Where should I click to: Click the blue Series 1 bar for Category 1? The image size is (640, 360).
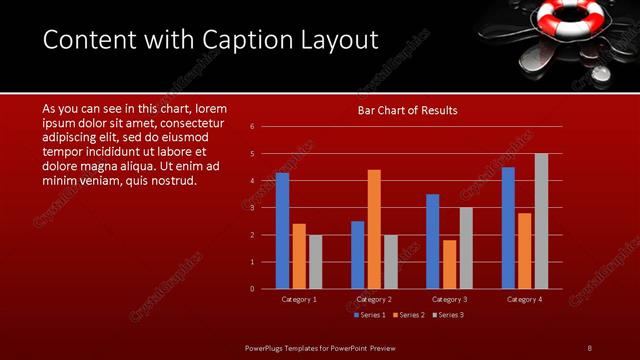tap(282, 231)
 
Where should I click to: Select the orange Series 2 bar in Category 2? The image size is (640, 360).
tap(374, 229)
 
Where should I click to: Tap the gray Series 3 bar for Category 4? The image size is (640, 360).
tap(541, 221)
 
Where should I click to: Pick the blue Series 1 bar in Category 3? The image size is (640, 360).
tap(432, 241)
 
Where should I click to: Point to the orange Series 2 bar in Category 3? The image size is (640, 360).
tap(449, 264)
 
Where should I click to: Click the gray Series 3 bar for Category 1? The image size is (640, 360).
tap(315, 262)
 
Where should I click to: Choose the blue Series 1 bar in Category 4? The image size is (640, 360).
tap(508, 228)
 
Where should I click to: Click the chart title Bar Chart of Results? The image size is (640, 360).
tap(407, 111)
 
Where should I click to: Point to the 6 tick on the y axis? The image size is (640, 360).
tap(252, 126)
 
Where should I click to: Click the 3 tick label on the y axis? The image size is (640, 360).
tap(252, 207)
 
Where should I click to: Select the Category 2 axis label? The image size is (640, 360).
tap(374, 299)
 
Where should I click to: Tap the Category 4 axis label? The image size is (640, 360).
tap(524, 299)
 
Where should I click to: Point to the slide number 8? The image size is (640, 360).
tap(589, 347)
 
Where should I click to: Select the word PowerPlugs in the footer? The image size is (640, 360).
tap(268, 347)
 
